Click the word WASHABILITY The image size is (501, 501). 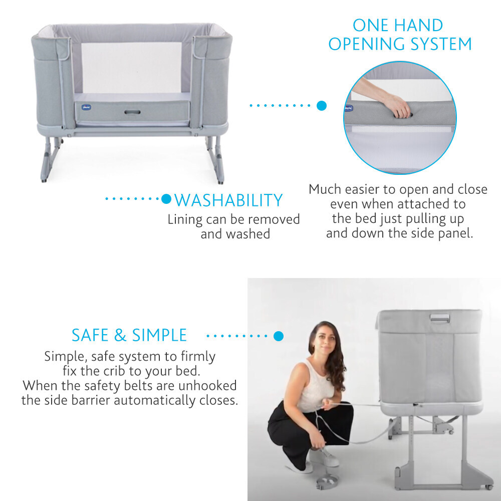click(x=228, y=200)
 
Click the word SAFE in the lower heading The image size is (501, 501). click(x=90, y=335)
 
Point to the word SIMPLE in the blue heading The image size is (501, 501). click(x=159, y=335)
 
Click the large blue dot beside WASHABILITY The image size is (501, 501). click(x=166, y=199)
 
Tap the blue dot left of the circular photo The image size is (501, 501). click(x=322, y=105)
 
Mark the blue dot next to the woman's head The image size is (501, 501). click(x=279, y=336)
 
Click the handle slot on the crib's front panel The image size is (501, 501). click(x=132, y=112)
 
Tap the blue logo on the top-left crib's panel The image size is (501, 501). click(x=86, y=107)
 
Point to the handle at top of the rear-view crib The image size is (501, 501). click(x=440, y=318)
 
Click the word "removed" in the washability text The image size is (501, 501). click(x=274, y=219)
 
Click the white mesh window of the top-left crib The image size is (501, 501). click(x=131, y=68)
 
